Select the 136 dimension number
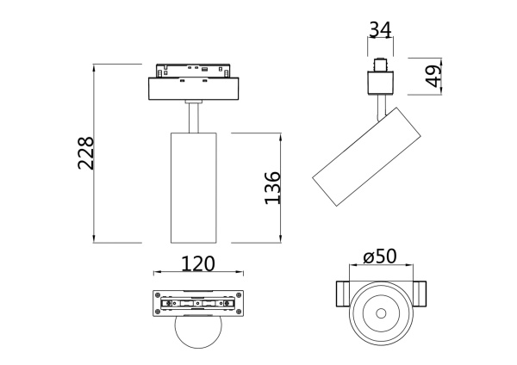click(x=271, y=188)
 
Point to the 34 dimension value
click(x=380, y=29)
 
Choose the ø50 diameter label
click(x=380, y=257)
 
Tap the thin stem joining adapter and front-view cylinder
click(x=193, y=118)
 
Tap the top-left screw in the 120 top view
click(x=159, y=295)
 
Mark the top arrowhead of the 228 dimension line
click(x=95, y=66)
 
